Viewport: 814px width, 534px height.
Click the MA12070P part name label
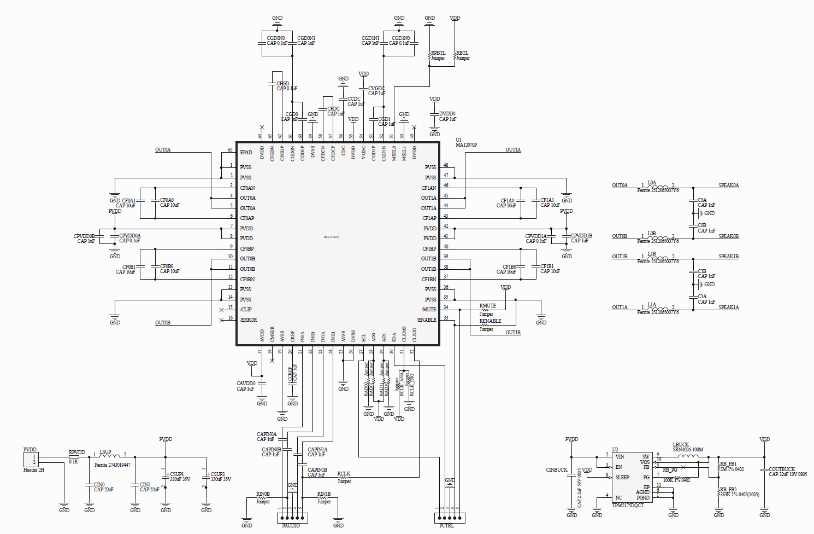(466, 145)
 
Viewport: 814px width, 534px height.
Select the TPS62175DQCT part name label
(628, 506)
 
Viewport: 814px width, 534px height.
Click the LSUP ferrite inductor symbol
(110, 455)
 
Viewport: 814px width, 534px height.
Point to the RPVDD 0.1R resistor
(74, 457)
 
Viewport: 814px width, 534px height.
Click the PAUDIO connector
(292, 518)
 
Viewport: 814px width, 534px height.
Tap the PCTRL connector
(449, 518)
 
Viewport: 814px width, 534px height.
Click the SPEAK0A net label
(728, 185)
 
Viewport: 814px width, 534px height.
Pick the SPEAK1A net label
(728, 307)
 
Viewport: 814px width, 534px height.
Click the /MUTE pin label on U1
(429, 310)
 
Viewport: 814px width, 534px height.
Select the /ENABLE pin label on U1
(426, 320)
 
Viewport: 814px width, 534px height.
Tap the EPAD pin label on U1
(246, 153)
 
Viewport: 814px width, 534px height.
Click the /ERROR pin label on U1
(249, 320)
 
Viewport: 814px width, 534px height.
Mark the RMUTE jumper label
(487, 306)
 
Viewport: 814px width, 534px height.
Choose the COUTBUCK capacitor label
(781, 469)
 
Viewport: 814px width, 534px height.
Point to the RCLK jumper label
(344, 474)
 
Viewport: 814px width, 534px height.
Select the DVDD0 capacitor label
(447, 114)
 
